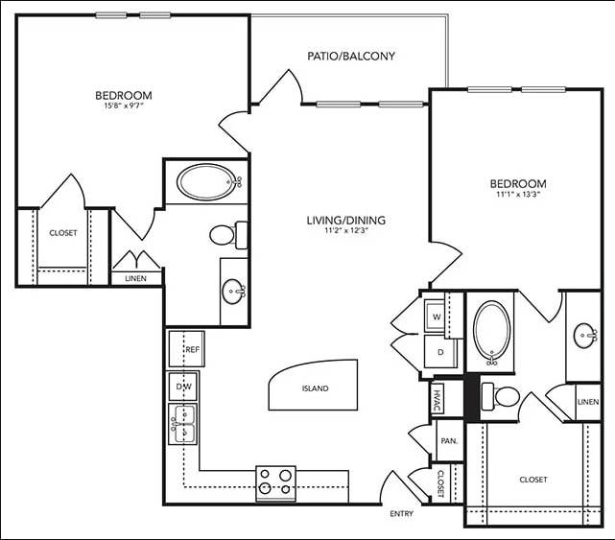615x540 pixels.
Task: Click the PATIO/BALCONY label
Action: [x=351, y=56]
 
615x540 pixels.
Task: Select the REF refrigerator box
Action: [x=187, y=349]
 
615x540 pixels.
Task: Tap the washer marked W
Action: [x=437, y=316]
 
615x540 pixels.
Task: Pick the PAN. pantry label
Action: [x=446, y=441]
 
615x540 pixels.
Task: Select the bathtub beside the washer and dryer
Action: [x=492, y=333]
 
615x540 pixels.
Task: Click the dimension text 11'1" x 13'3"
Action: [x=518, y=197]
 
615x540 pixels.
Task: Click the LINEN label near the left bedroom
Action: [x=135, y=279]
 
